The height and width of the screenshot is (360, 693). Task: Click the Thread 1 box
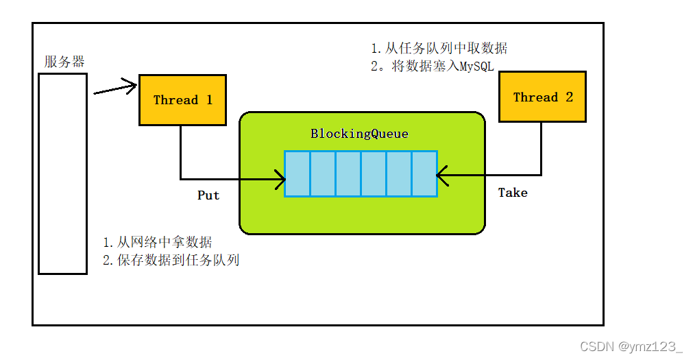tap(182, 100)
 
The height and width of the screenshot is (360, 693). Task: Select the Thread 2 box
tap(542, 97)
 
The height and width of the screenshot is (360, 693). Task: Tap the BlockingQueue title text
tap(359, 134)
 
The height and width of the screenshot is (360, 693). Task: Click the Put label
tap(208, 195)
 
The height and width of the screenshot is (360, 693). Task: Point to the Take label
tap(513, 193)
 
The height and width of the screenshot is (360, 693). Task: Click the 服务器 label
tap(64, 62)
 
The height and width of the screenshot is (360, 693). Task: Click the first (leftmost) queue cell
tap(297, 174)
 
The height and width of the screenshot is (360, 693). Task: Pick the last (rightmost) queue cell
tap(424, 174)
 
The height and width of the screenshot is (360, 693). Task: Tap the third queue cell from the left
tap(348, 174)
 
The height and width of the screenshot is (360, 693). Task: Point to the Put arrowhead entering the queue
tap(280, 181)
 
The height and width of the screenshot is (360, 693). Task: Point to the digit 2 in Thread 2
tap(569, 97)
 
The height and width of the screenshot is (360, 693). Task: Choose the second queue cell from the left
tap(323, 174)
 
